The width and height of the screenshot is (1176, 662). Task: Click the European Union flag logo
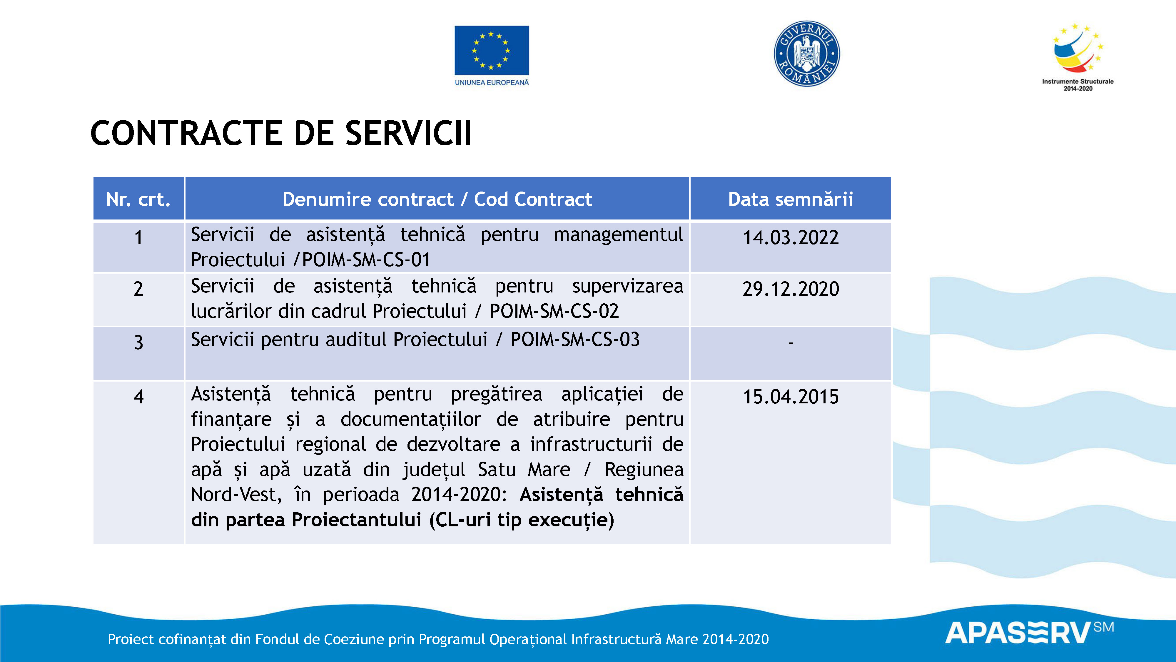click(492, 50)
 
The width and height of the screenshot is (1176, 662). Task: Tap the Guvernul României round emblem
click(807, 54)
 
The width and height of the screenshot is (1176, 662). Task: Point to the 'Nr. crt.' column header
click(138, 199)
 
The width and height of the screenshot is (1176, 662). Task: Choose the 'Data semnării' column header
click(790, 199)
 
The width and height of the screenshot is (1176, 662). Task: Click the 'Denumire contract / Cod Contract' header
click(437, 199)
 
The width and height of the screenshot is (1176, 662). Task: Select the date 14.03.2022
click(791, 237)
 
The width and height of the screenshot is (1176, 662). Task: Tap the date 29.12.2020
click(791, 289)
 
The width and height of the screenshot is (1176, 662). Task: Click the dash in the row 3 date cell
click(791, 343)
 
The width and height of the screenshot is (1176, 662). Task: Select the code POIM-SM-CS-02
click(554, 311)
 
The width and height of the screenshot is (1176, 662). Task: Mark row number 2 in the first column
click(138, 289)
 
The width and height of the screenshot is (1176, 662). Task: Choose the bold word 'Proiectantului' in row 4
click(356, 520)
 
